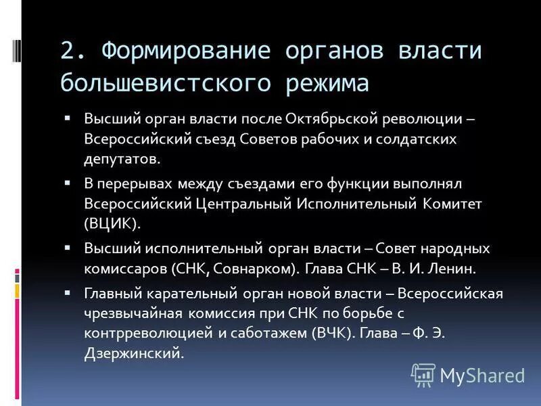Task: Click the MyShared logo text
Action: (481, 375)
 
